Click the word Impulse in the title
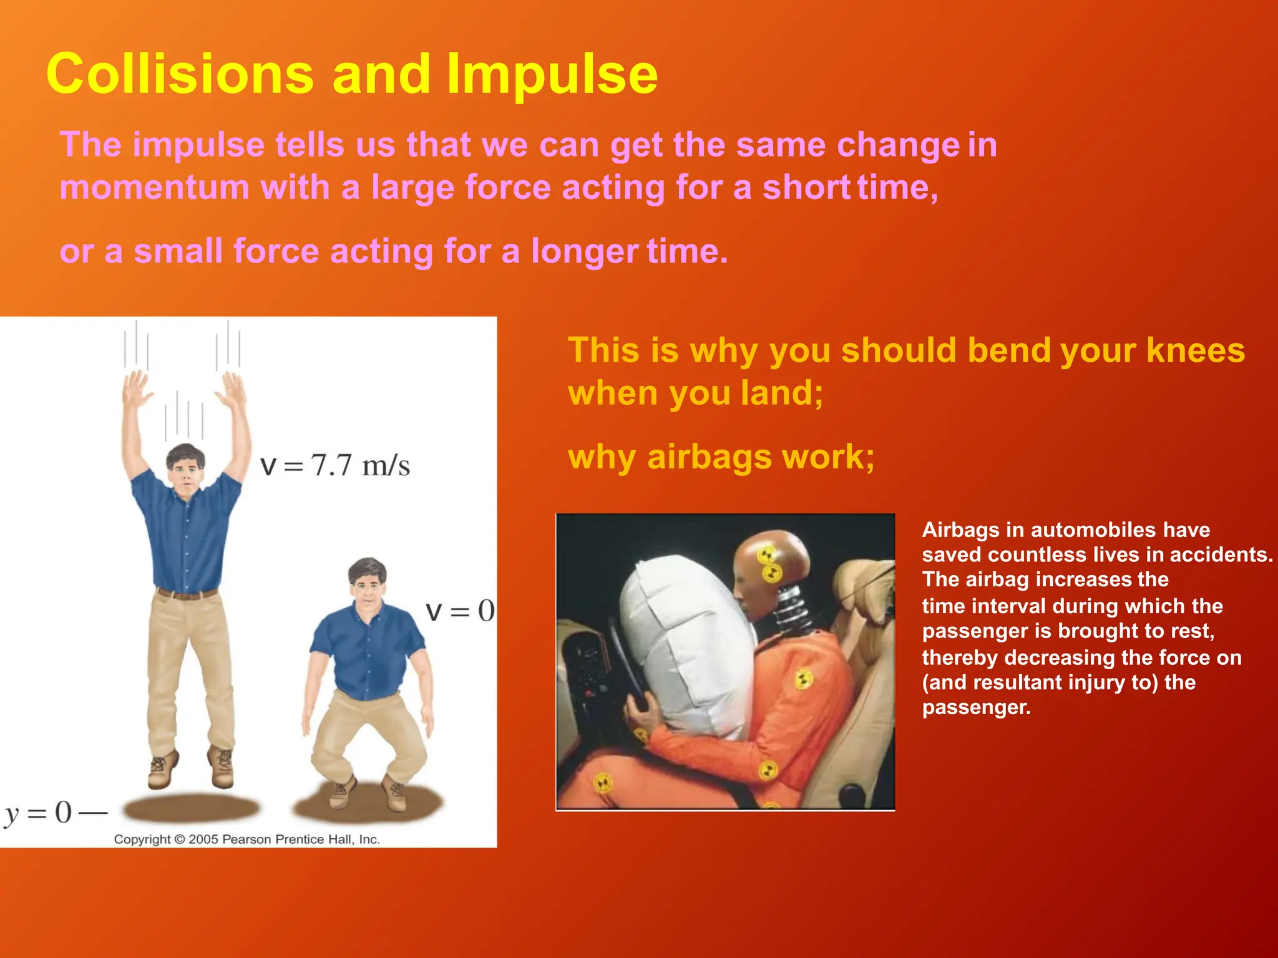[x=552, y=75]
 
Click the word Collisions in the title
[x=180, y=75]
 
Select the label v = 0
[x=460, y=611]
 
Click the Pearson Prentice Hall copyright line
[x=246, y=839]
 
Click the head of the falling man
[x=185, y=467]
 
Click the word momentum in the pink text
[x=154, y=188]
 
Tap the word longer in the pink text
[x=584, y=252]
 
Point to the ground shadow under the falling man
[x=190, y=808]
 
